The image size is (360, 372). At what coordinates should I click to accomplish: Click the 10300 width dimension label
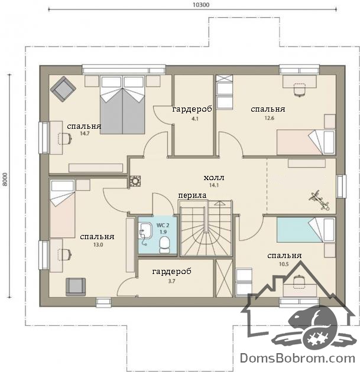(x=201, y=5)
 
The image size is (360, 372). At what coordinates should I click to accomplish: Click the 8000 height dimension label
(x=5, y=180)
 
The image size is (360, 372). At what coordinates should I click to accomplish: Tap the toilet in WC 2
(x=164, y=245)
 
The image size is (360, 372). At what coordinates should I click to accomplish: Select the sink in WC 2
(x=145, y=230)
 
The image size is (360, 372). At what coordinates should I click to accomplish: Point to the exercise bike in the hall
(x=319, y=200)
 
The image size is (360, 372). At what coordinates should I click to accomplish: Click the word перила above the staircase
(x=192, y=195)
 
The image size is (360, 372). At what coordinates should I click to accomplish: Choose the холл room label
(x=214, y=178)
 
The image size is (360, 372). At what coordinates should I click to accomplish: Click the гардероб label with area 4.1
(x=192, y=109)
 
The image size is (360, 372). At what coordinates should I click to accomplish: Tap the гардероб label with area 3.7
(x=171, y=272)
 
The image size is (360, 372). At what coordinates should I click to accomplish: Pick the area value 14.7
(x=85, y=133)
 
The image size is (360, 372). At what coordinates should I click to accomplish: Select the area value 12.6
(x=270, y=118)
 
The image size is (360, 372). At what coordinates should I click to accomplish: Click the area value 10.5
(x=284, y=264)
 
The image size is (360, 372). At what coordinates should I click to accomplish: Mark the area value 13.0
(x=98, y=244)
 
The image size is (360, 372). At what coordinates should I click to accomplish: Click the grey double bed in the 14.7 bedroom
(x=122, y=105)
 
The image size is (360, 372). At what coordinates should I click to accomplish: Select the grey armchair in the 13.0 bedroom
(x=76, y=287)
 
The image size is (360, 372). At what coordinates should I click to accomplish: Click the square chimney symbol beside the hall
(x=135, y=181)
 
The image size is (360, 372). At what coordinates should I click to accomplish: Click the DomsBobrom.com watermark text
(x=297, y=358)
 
